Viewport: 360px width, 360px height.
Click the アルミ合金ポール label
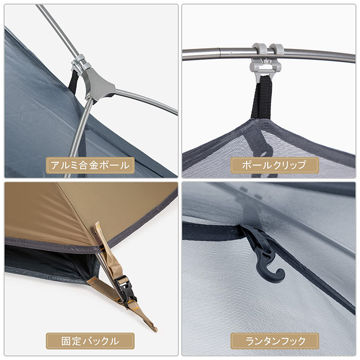click(x=90, y=166)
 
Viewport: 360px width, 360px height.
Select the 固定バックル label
click(x=90, y=341)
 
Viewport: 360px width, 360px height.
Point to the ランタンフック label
click(x=275, y=341)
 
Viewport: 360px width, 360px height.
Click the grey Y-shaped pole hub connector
click(x=99, y=84)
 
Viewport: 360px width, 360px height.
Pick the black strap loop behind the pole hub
click(x=73, y=82)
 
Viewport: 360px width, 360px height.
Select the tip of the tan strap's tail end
click(x=155, y=329)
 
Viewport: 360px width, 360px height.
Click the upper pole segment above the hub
click(x=58, y=29)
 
